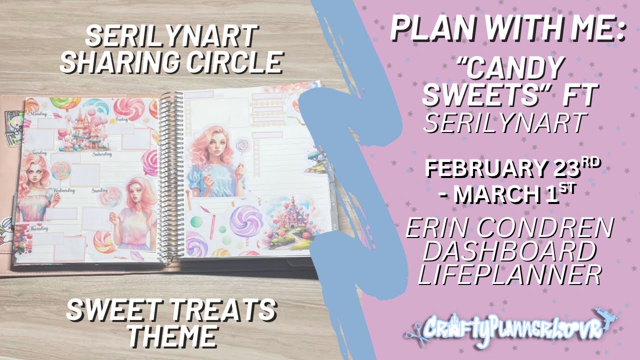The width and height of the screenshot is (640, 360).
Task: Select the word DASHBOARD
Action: [x=509, y=251]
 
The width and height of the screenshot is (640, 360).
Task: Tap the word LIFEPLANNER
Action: [x=509, y=274]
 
